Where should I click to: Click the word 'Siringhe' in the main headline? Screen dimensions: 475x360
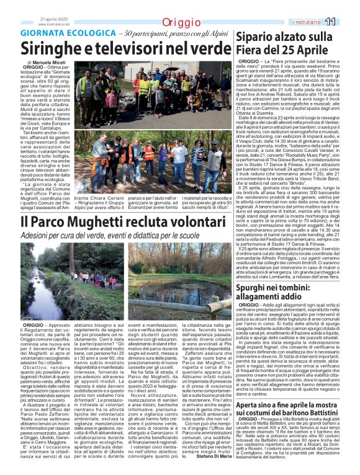tap(50, 48)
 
